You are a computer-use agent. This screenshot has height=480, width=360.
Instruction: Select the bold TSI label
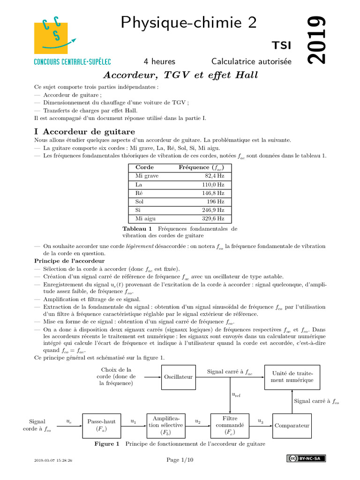[x=281, y=45]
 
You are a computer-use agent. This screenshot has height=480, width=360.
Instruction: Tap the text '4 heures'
[x=159, y=61]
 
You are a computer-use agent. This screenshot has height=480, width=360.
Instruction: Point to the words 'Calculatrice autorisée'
[x=251, y=61]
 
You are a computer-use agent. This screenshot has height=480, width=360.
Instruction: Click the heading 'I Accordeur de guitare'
[x=84, y=132]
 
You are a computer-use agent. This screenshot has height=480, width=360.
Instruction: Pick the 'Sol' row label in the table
[x=140, y=202]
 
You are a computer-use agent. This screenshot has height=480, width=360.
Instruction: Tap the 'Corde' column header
[x=144, y=167]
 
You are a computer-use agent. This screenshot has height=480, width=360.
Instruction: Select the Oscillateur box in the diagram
[x=178, y=376]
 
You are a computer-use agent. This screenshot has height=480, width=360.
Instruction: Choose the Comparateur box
[x=292, y=425]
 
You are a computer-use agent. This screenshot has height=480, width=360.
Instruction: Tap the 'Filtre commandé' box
[x=230, y=425]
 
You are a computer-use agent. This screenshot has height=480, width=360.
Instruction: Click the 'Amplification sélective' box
[x=166, y=425]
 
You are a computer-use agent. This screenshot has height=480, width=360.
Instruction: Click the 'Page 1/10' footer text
[x=180, y=460]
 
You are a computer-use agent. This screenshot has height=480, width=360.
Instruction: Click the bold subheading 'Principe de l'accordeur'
[x=69, y=261]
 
